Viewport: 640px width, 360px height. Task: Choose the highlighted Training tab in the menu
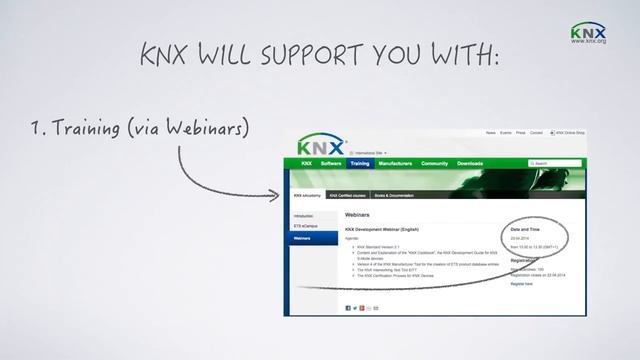click(x=360, y=163)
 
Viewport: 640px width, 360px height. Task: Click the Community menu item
click(x=434, y=163)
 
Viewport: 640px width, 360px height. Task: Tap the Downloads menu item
click(x=470, y=163)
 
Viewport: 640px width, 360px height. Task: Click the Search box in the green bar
click(x=556, y=163)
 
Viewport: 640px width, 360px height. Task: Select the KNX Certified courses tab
click(x=349, y=196)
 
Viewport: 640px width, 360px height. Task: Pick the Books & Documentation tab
click(x=394, y=196)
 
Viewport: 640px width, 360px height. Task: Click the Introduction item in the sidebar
click(x=305, y=215)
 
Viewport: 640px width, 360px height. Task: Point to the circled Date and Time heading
click(x=527, y=229)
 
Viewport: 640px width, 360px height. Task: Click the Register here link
click(x=521, y=284)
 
